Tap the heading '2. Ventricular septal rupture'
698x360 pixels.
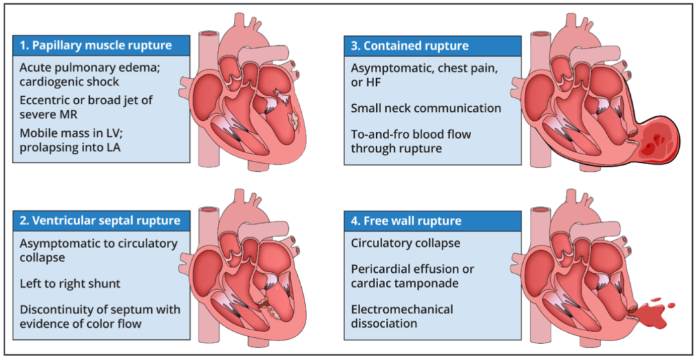coord(100,220)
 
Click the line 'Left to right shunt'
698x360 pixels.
coord(70,283)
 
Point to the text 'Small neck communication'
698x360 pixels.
coord(426,108)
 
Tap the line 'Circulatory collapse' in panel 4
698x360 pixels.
coord(405,244)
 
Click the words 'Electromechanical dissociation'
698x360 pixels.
coord(401,316)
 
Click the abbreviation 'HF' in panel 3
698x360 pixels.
coord(369,81)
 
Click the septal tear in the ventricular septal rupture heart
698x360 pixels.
coord(264,304)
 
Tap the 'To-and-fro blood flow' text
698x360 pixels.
coord(411,134)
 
